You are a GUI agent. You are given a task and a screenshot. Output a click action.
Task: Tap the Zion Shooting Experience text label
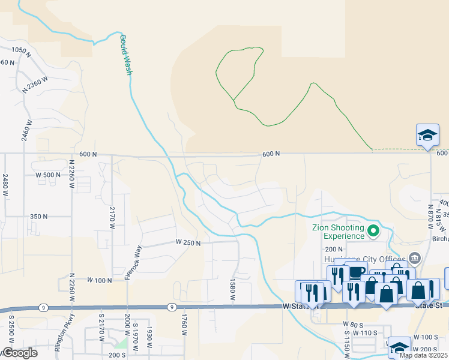point(338,232)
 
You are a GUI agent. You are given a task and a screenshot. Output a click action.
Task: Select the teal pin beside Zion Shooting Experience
point(373,230)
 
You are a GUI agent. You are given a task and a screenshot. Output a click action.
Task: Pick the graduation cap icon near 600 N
point(427,135)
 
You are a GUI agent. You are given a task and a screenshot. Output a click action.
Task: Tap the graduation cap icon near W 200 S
point(399,347)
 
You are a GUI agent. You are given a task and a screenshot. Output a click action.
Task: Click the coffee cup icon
point(356,272)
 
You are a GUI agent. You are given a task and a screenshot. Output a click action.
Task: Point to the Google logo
point(19,353)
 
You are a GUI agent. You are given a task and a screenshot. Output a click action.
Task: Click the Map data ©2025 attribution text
point(423,355)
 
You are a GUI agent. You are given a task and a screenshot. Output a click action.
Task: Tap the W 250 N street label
point(187,242)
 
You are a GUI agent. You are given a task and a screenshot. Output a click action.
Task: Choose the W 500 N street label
point(48,175)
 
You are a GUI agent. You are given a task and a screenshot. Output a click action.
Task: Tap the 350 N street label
point(38,217)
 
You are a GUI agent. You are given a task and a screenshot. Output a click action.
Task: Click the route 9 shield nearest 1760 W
point(172,307)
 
